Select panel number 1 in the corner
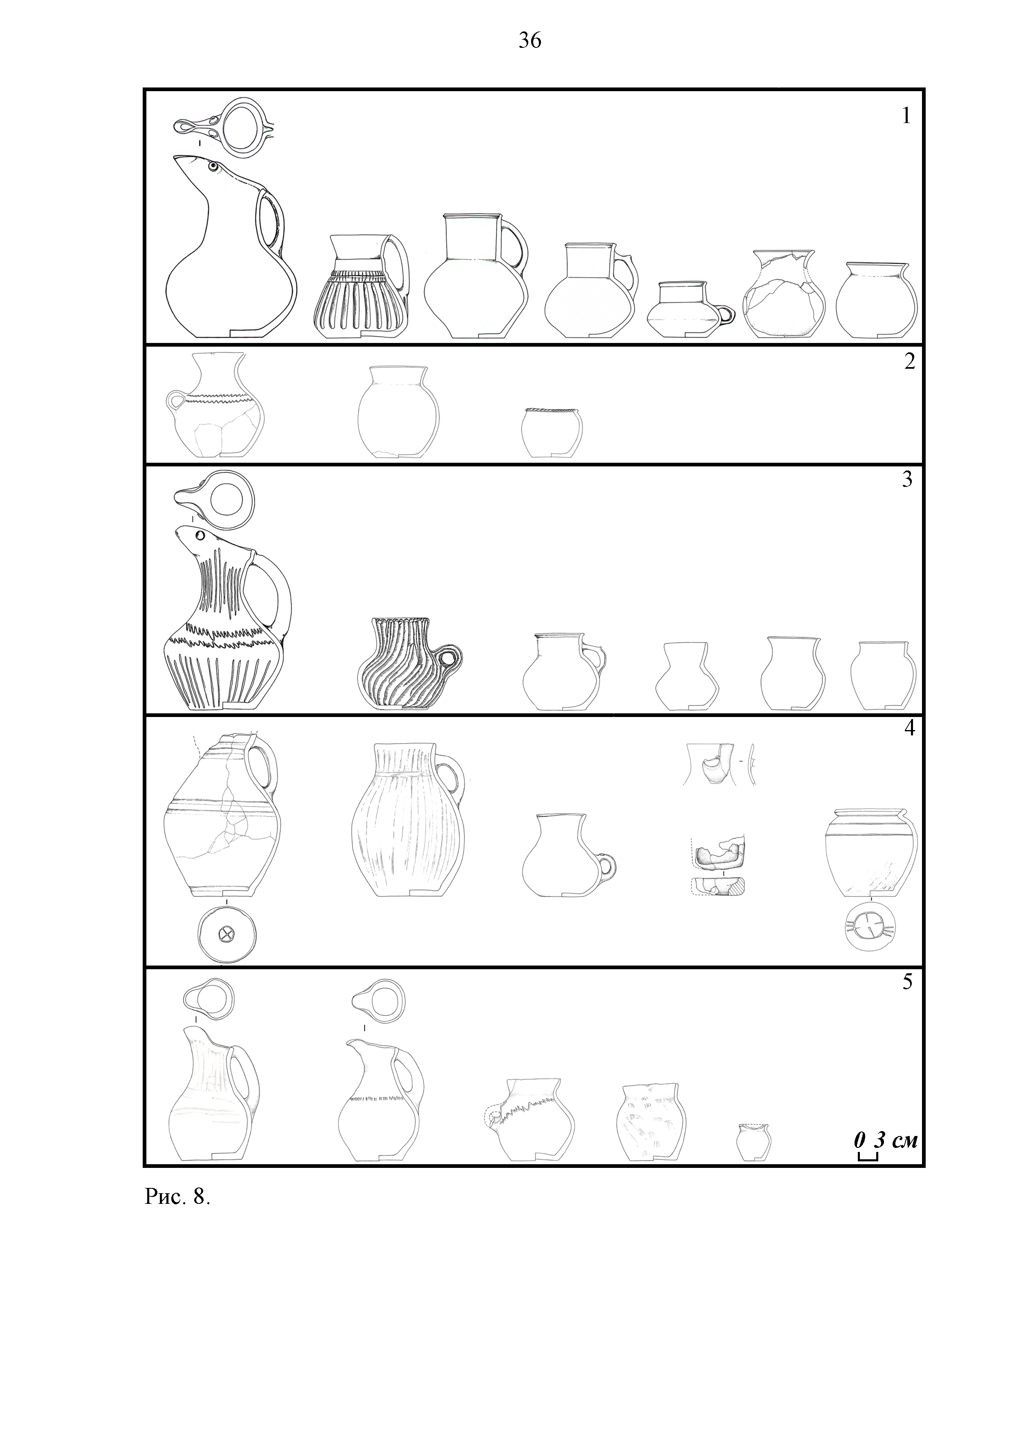[906, 116]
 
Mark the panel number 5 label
[907, 981]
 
